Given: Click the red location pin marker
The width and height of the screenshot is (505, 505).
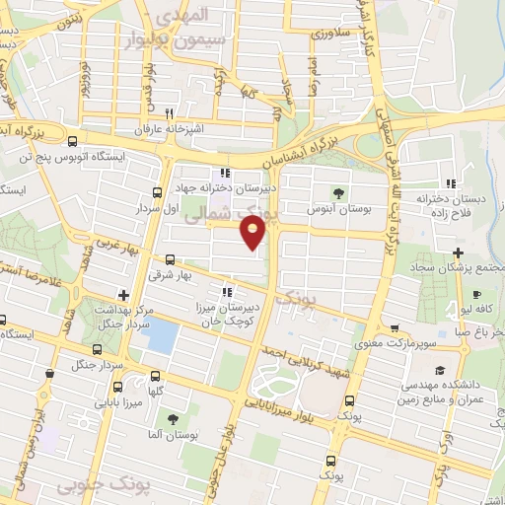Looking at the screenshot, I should (x=253, y=231).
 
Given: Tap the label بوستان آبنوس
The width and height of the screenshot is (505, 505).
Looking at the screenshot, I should (x=332, y=209).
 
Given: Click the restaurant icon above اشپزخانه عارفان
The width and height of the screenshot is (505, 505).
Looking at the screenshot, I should (x=170, y=113).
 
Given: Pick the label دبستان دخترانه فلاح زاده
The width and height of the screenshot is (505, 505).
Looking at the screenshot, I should (x=455, y=206).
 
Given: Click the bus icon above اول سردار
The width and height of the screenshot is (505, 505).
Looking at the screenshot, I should (x=157, y=192).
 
